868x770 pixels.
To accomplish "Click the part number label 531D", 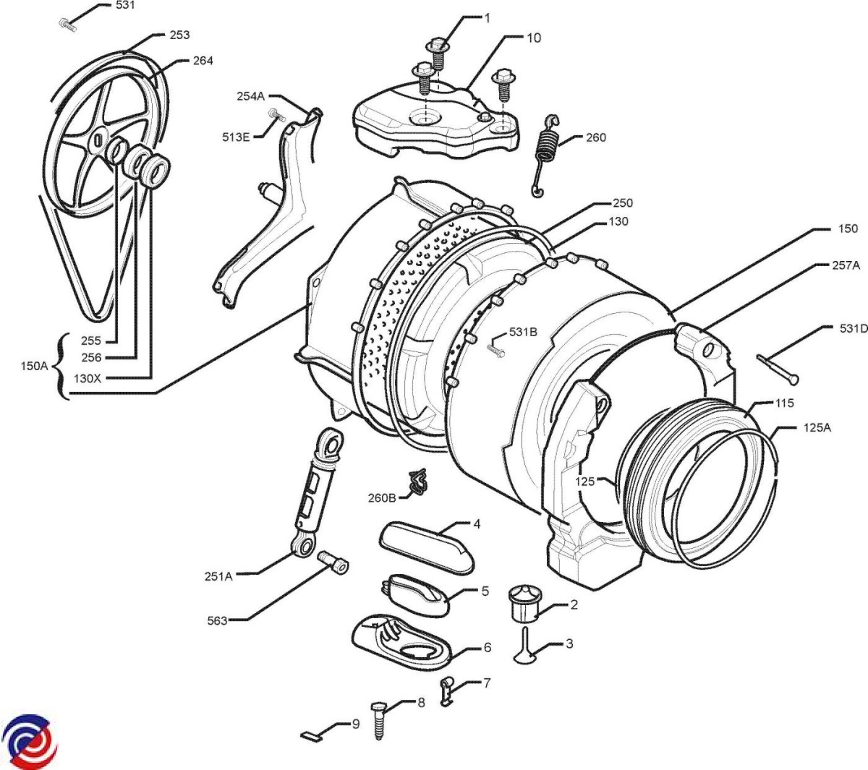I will tap(854, 329).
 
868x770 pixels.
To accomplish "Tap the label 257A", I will tap(846, 265).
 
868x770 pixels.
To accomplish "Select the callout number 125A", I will tap(817, 427).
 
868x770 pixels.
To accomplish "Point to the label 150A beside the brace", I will tap(33, 366).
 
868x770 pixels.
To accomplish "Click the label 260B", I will tap(382, 497).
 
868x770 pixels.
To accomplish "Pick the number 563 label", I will tap(217, 620).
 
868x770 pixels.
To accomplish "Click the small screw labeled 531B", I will tap(495, 348).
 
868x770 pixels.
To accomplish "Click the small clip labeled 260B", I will tap(418, 482).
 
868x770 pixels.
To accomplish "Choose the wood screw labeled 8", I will tap(378, 719).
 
